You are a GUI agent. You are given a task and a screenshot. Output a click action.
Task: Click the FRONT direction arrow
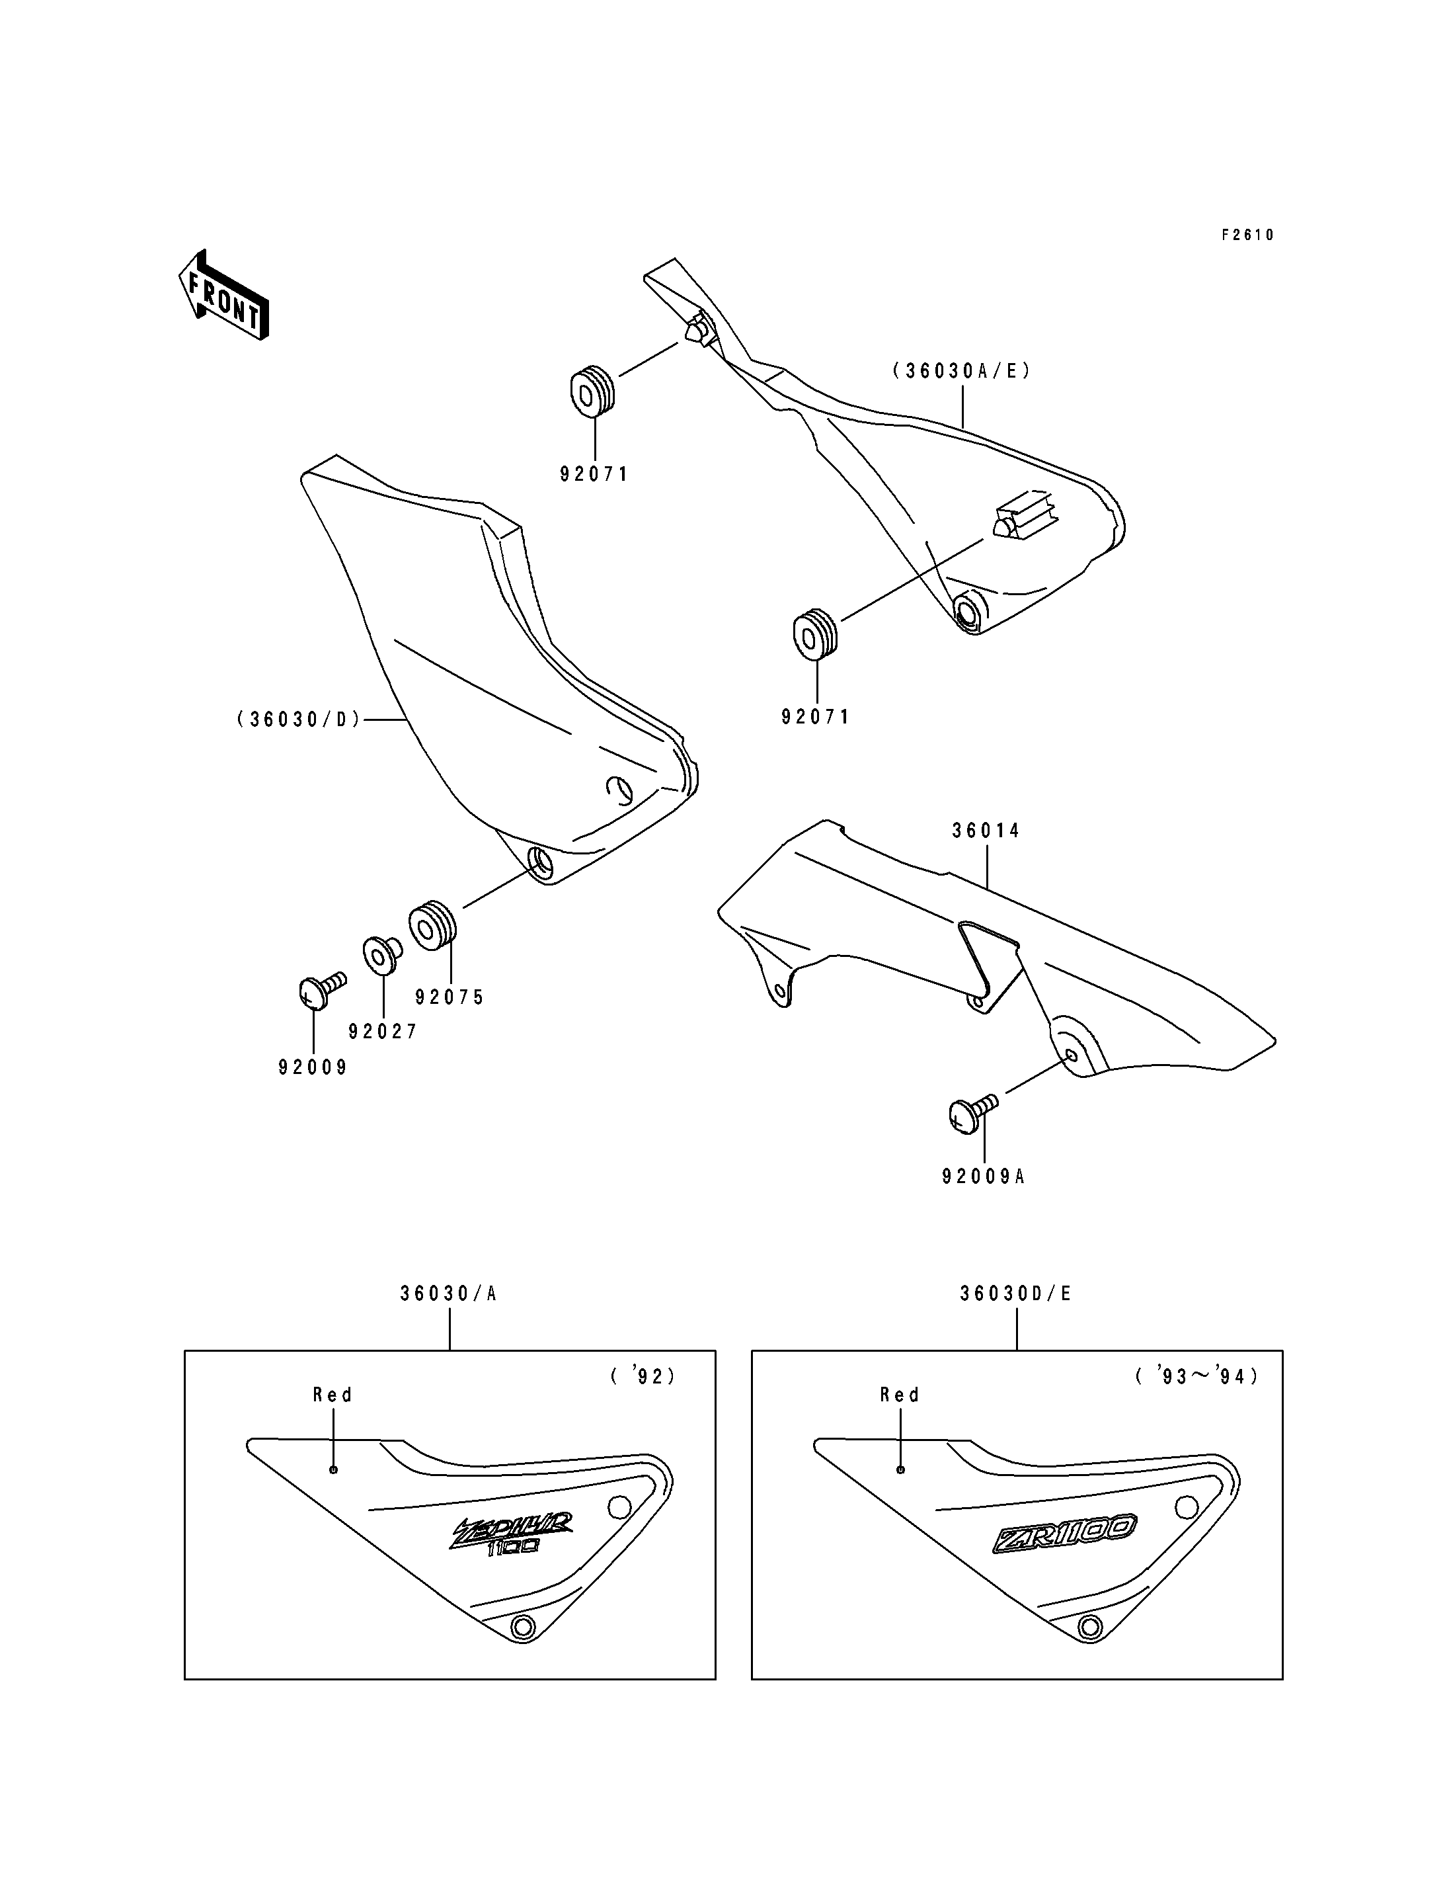coord(223,294)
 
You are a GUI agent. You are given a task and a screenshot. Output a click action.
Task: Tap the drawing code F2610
coord(1247,235)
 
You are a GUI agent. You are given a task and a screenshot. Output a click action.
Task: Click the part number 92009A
coord(983,1176)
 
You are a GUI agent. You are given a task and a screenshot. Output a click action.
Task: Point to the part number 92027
coord(383,1031)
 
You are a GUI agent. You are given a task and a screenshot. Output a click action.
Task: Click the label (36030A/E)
coord(962,371)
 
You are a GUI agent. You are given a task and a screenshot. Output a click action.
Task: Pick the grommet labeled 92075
coord(431,926)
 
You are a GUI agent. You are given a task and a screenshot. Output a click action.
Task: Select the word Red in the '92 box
coord(333,1395)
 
